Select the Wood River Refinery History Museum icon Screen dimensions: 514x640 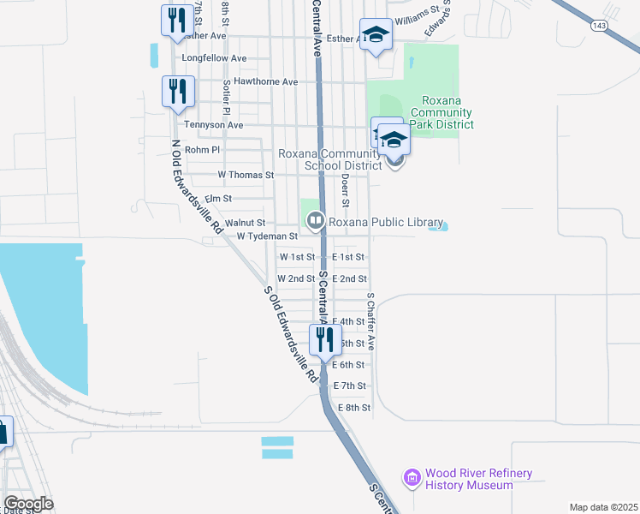click(412, 476)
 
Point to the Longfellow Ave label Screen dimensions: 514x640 click(214, 58)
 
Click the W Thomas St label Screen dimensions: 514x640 click(246, 175)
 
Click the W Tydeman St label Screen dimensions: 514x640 click(267, 236)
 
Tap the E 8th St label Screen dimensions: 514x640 click(354, 408)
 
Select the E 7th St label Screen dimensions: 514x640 click(350, 386)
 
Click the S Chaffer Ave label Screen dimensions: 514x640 click(371, 321)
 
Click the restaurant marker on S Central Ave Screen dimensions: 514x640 click(324, 340)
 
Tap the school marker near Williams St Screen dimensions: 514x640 click(375, 36)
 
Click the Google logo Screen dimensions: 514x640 click(28, 504)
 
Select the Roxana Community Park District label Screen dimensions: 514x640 click(441, 113)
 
